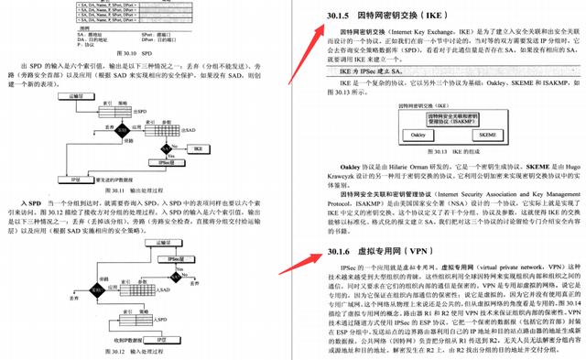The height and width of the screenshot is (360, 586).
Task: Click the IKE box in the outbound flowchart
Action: tap(198, 147)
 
